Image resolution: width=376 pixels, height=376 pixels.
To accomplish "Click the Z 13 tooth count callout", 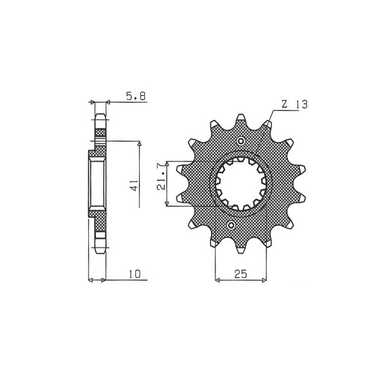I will click(x=295, y=104).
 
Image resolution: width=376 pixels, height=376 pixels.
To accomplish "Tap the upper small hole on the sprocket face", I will click(x=241, y=141).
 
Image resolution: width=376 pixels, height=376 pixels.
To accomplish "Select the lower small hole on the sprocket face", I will click(x=232, y=226).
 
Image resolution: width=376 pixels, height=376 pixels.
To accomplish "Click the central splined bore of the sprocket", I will click(x=241, y=183).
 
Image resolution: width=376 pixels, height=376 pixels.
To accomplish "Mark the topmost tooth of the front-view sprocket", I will click(x=241, y=117).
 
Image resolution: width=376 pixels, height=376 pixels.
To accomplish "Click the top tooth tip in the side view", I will click(x=101, y=117).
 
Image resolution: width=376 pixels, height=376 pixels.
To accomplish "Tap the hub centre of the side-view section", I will click(x=97, y=183).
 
